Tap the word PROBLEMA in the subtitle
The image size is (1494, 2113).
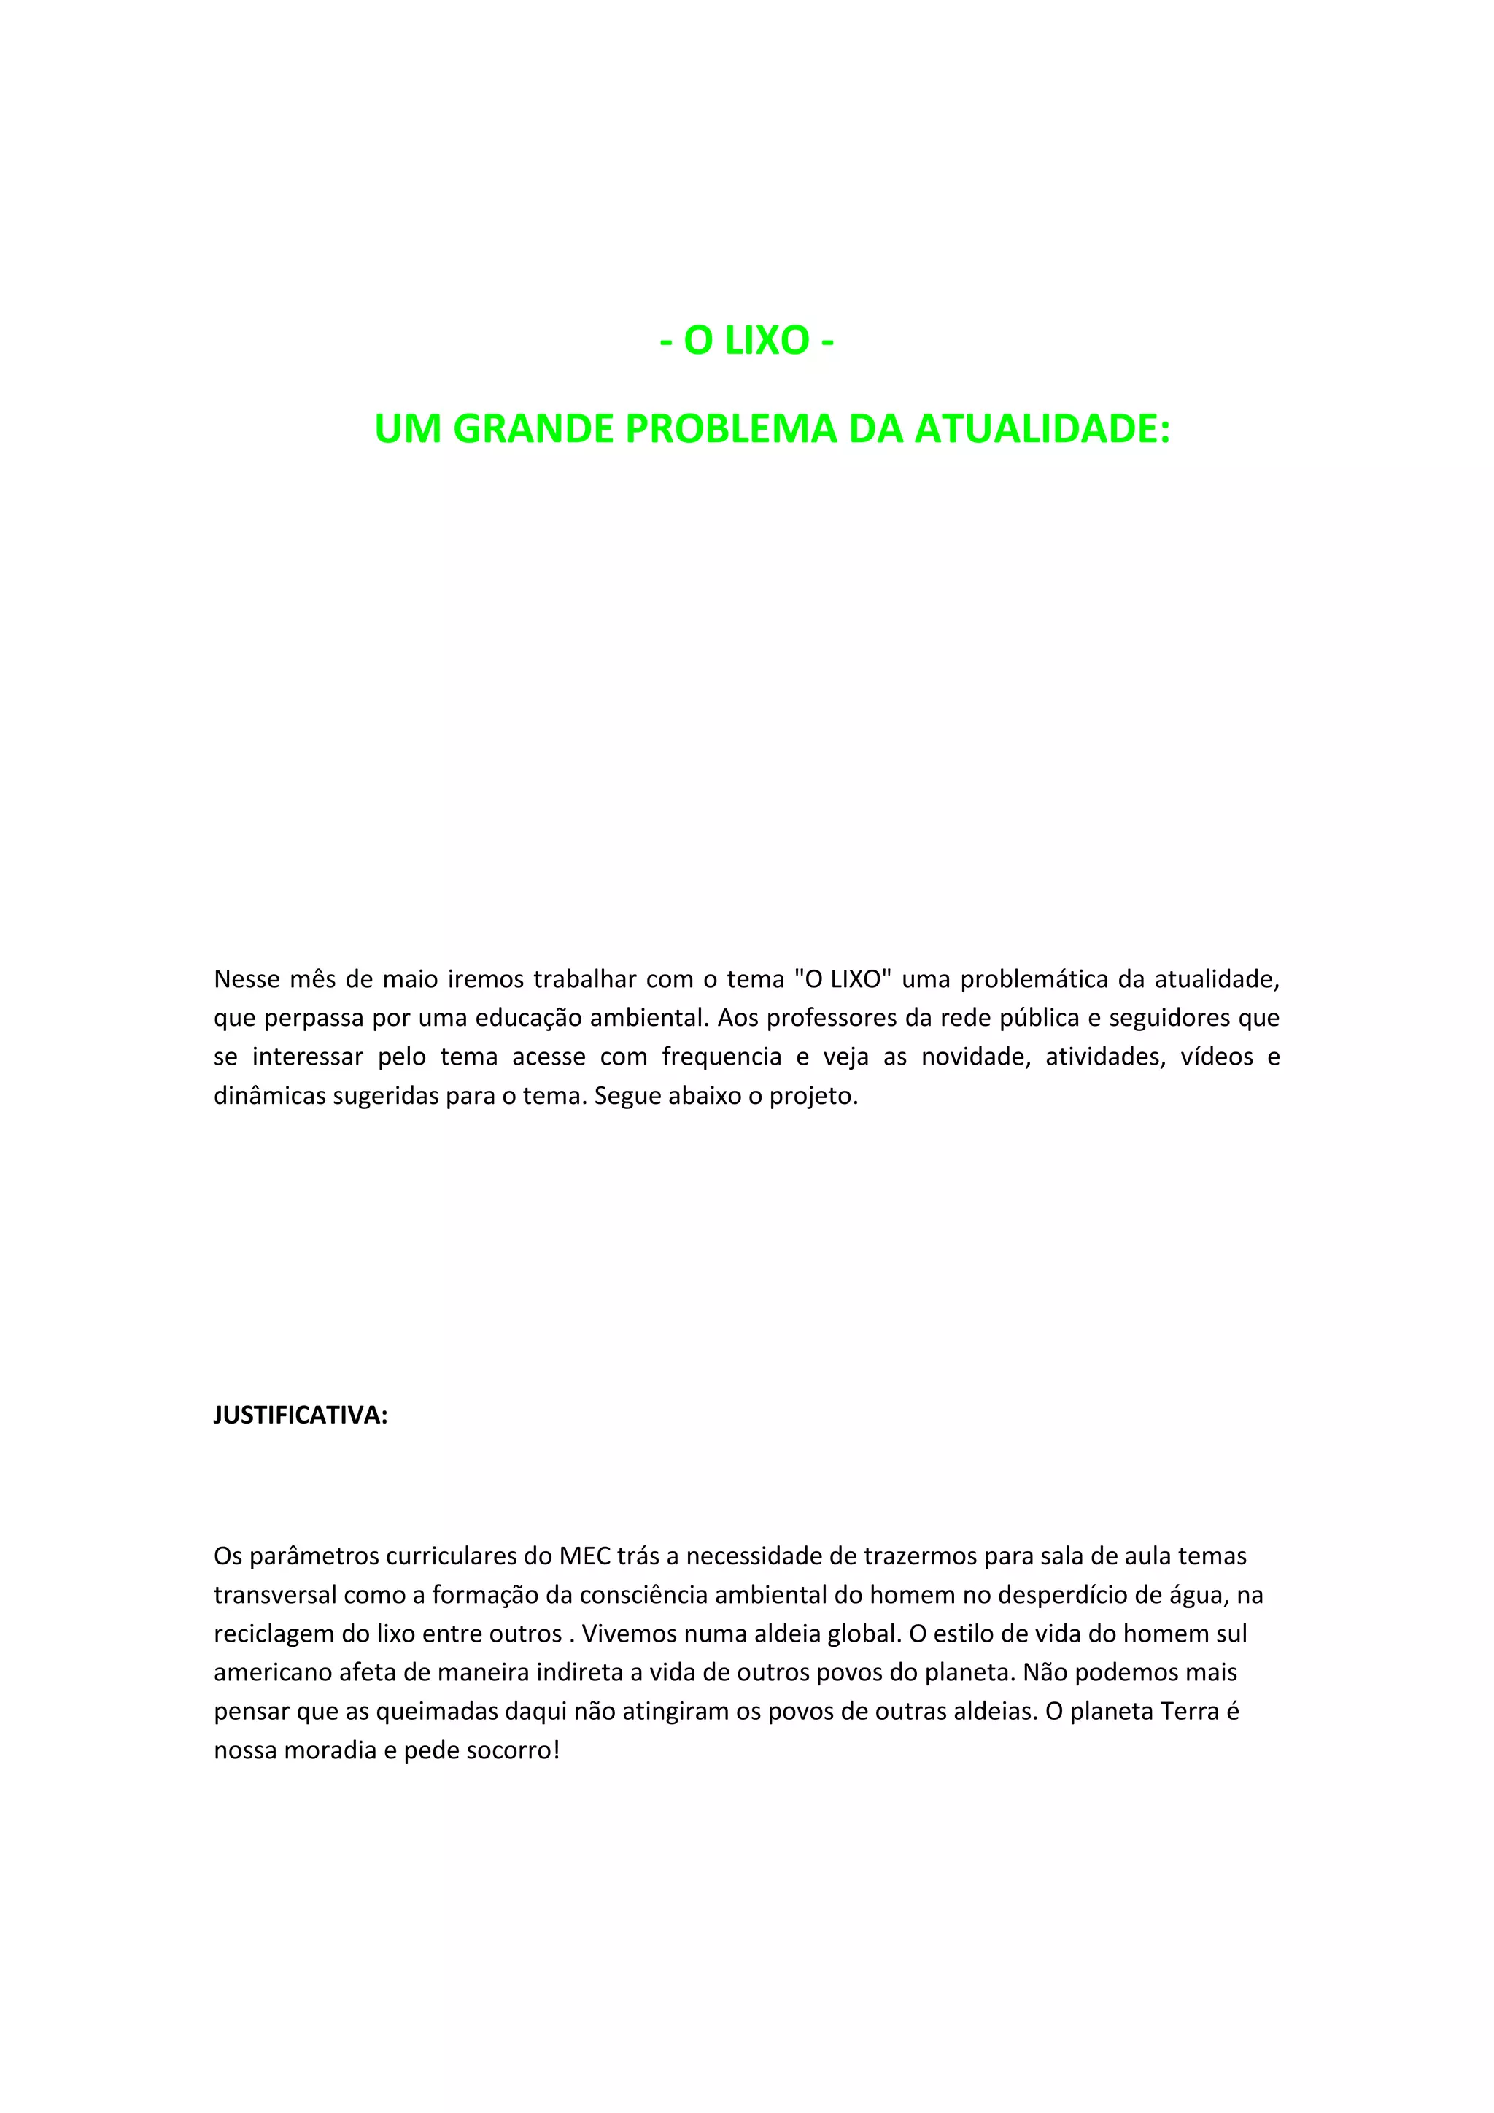[x=732, y=429]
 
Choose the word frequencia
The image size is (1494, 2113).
[x=721, y=1057]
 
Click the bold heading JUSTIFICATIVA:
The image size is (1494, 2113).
[x=301, y=1416]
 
